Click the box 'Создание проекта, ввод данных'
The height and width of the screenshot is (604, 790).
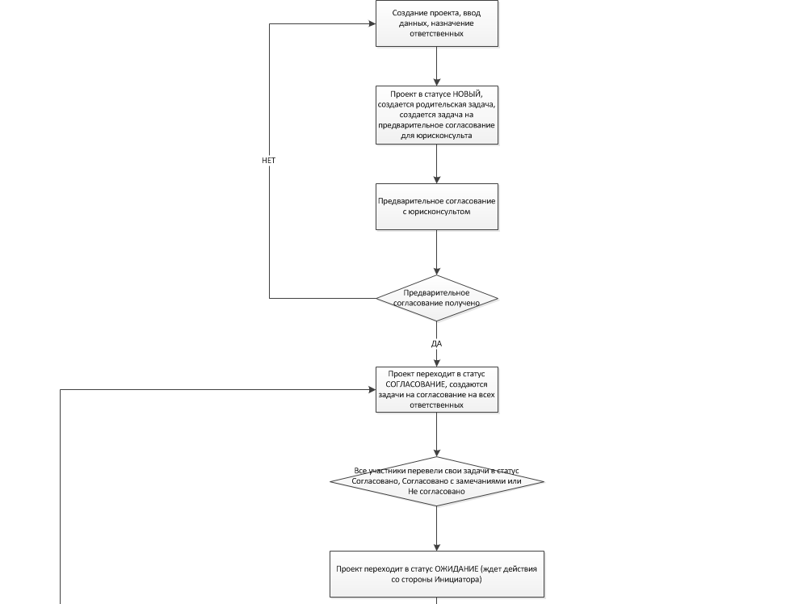[x=437, y=23]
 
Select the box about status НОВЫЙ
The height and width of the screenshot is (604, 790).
[x=437, y=115]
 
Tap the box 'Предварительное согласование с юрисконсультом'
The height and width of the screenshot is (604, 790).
[x=437, y=207]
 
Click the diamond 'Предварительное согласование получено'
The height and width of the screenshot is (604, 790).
[x=437, y=298]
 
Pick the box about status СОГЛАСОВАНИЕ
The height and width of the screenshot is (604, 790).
[x=437, y=389]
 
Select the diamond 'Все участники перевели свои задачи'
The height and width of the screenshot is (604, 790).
[x=437, y=481]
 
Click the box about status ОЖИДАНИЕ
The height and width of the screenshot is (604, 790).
[x=437, y=574]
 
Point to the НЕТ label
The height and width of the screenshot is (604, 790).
[x=268, y=160]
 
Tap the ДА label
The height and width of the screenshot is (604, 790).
[x=436, y=343]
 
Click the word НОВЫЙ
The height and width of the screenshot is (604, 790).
[x=467, y=94]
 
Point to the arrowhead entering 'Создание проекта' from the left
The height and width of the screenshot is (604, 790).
[x=372, y=23]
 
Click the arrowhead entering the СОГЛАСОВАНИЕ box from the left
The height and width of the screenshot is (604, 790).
[x=372, y=389]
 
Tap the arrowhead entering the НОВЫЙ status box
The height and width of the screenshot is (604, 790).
[x=437, y=82]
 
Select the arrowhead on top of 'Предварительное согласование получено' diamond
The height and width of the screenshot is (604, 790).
[x=437, y=271]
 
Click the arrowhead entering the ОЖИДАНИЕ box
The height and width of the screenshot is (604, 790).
[x=437, y=547]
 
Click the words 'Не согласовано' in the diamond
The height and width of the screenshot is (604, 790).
[x=436, y=491]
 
